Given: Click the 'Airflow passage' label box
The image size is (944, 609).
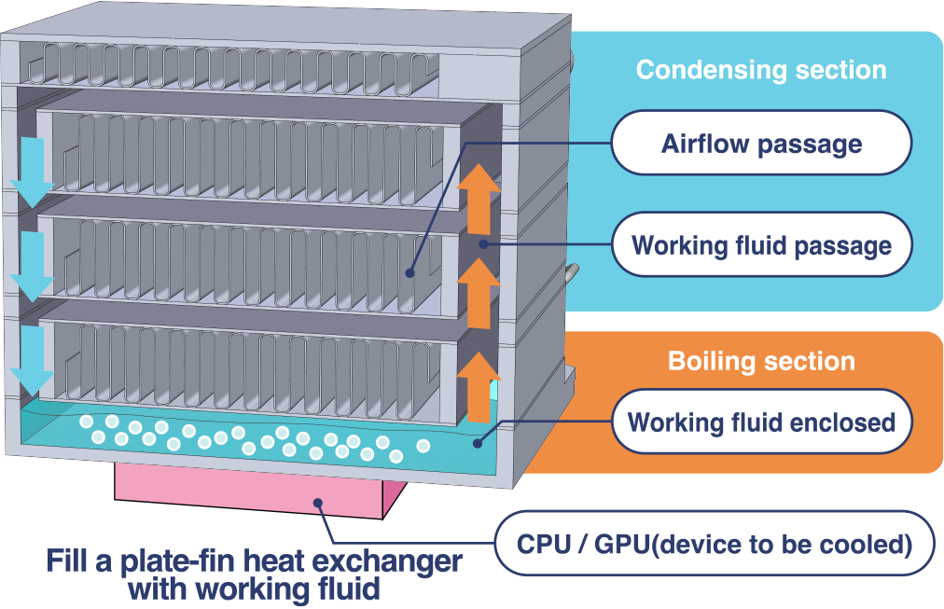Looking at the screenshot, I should pyautogui.click(x=760, y=143).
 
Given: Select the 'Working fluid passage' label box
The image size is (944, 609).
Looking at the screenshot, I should pyautogui.click(x=760, y=245).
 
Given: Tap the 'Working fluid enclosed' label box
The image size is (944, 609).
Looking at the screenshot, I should pyautogui.click(x=760, y=422).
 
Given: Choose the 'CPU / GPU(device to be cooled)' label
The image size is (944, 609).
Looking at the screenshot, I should pyautogui.click(x=714, y=543).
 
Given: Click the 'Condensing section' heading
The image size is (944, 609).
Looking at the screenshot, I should pyautogui.click(x=760, y=70).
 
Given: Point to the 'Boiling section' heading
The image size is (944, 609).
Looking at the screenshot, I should pyautogui.click(x=760, y=361).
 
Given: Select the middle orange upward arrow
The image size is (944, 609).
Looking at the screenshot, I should pyautogui.click(x=479, y=293).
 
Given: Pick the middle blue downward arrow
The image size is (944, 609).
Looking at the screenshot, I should pyautogui.click(x=34, y=266).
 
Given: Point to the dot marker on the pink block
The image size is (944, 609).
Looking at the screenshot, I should pyautogui.click(x=319, y=504).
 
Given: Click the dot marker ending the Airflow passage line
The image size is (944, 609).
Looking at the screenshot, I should pyautogui.click(x=410, y=273).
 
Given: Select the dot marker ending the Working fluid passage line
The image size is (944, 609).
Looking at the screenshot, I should pyautogui.click(x=483, y=244).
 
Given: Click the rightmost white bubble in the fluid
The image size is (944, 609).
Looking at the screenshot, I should pyautogui.click(x=423, y=446).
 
